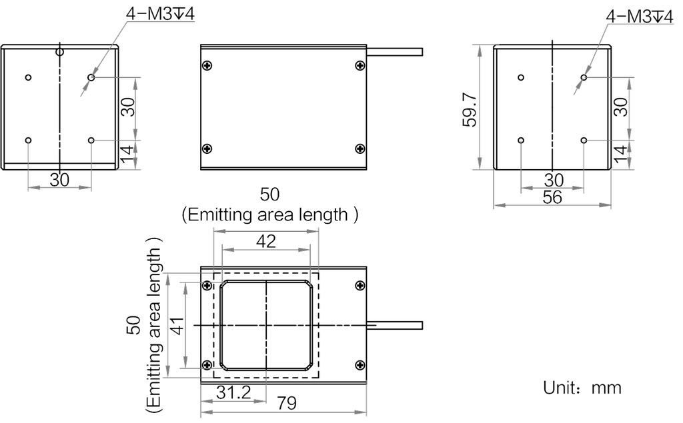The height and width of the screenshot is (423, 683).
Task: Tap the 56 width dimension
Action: tap(552, 197)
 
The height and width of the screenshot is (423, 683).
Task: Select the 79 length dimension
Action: tap(287, 404)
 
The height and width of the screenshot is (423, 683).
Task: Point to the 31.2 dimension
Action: tap(233, 392)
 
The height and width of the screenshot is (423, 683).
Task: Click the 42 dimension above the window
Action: tap(266, 240)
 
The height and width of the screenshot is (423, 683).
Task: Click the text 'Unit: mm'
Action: tap(582, 387)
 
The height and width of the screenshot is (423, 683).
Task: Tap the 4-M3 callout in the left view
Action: tap(160, 14)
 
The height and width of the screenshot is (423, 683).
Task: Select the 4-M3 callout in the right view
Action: tap(640, 17)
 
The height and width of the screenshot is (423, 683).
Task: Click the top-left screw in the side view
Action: tap(207, 66)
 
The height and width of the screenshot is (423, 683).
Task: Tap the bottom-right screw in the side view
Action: tap(360, 149)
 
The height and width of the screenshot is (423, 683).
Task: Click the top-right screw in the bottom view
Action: tap(360, 286)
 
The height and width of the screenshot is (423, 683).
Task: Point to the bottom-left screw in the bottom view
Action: tap(207, 364)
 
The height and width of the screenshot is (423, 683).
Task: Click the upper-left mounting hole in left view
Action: tap(28, 77)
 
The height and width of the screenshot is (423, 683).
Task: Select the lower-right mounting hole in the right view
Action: tap(584, 140)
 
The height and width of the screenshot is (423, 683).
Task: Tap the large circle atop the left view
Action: tap(59, 52)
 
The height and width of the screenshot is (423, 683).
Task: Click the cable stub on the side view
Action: tap(395, 52)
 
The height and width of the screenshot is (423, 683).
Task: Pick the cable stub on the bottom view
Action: tap(395, 325)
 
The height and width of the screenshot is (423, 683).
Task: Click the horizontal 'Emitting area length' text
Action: tap(270, 214)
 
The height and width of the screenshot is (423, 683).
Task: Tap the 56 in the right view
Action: tap(552, 197)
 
